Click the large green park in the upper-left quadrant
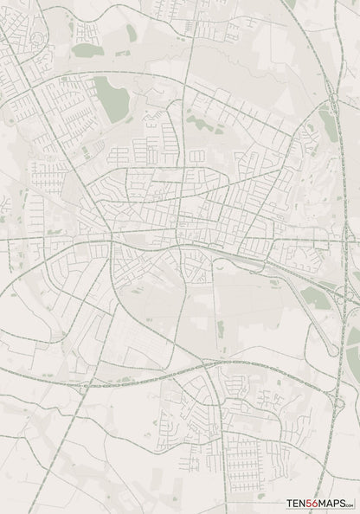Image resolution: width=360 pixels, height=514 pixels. coord(111,98)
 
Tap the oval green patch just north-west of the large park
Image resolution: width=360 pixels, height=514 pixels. coord(87,50)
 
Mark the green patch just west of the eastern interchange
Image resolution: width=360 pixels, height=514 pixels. coord(316,299)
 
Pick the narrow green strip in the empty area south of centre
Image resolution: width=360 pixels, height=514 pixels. coord(220,329)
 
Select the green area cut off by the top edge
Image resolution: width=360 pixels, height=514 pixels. coord(291,3)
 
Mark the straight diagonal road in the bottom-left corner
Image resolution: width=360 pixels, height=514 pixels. coord(52,467)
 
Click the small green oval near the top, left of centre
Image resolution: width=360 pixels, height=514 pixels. coord(131,33)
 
